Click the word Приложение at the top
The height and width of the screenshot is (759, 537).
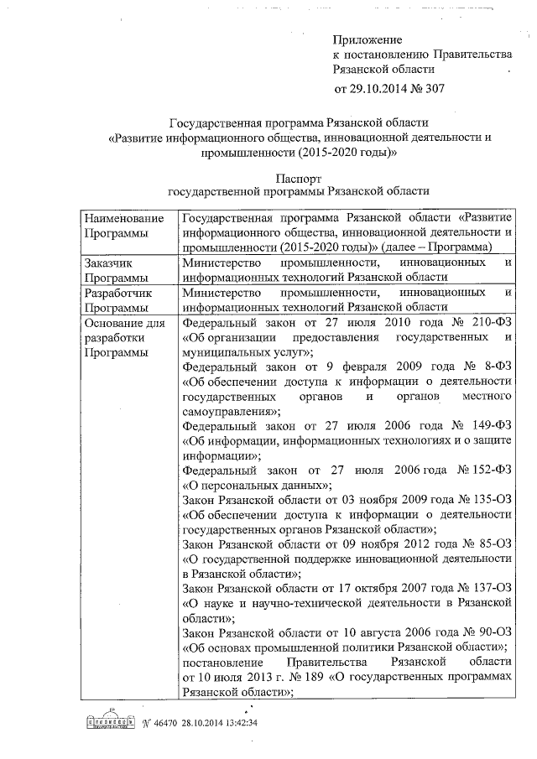(x=368, y=39)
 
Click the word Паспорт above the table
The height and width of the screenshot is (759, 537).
(x=298, y=177)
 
